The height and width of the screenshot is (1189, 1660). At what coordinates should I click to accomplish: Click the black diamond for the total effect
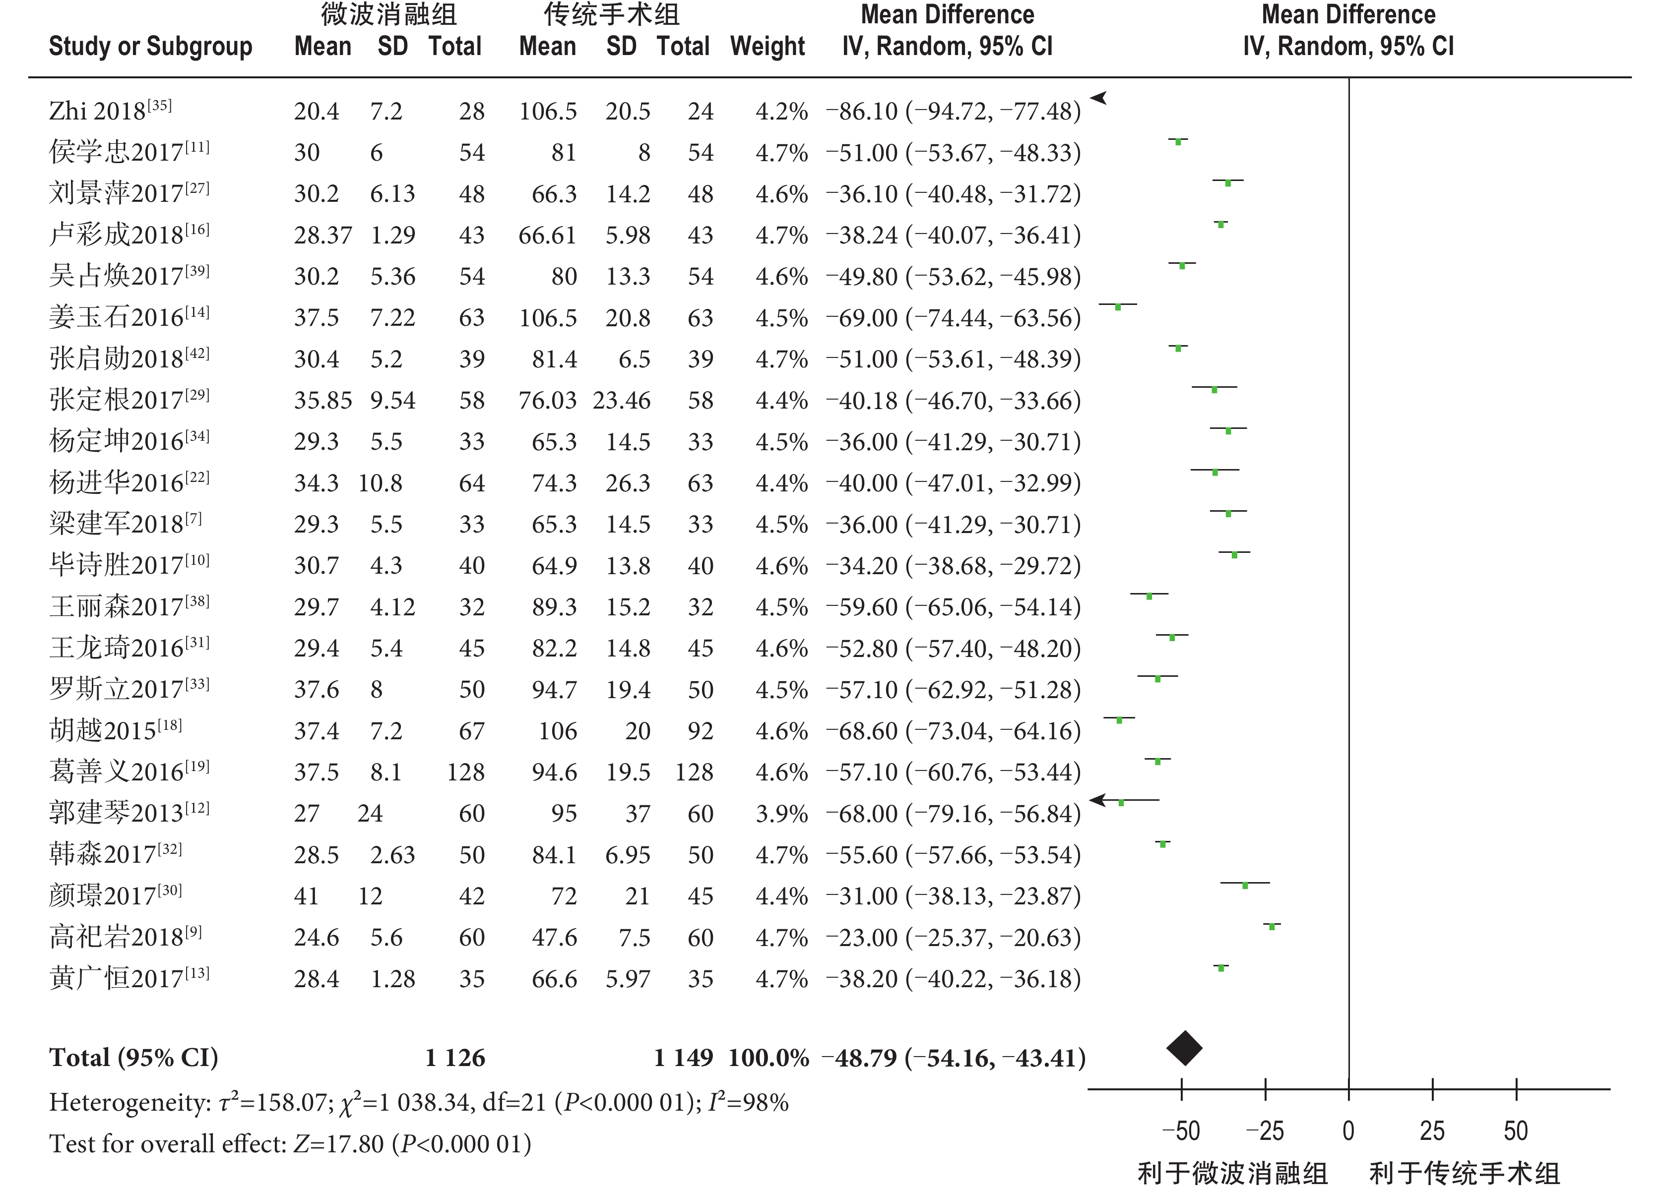pyautogui.click(x=1184, y=1048)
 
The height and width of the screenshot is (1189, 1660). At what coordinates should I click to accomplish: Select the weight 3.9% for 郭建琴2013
pyautogui.click(x=782, y=814)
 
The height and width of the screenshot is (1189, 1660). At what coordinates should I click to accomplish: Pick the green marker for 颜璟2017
pyautogui.click(x=1245, y=886)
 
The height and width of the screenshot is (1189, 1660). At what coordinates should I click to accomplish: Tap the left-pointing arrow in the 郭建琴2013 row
pyautogui.click(x=1098, y=800)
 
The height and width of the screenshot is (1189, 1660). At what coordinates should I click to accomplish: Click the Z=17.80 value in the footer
pyautogui.click(x=339, y=1144)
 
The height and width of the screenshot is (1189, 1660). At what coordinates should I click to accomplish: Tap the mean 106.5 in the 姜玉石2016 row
pyautogui.click(x=548, y=317)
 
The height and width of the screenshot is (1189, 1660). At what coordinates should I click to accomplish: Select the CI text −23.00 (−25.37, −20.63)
pyautogui.click(x=953, y=937)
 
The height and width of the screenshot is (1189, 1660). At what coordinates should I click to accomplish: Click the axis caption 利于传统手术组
pyautogui.click(x=1465, y=1173)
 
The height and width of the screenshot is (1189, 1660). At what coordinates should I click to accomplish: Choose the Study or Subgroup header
pyautogui.click(x=150, y=47)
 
